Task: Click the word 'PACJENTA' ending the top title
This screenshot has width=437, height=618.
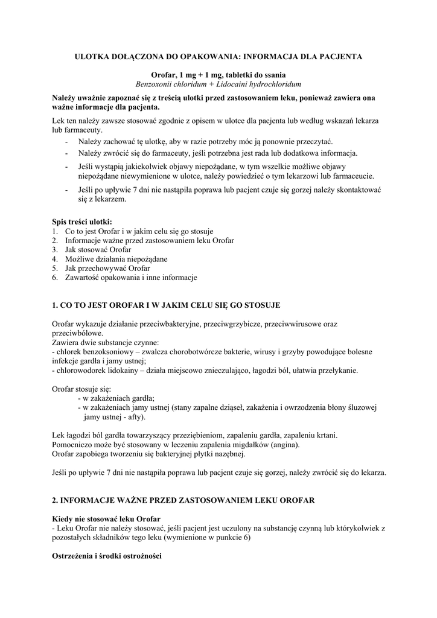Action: click(x=340, y=56)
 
